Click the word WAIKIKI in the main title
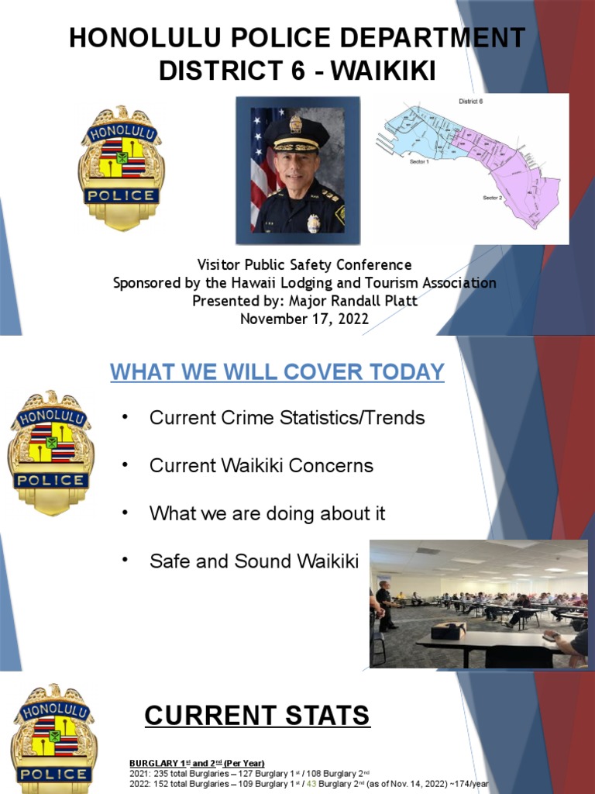(x=383, y=71)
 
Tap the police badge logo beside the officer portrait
(x=121, y=167)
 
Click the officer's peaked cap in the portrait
(x=296, y=133)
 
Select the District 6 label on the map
(x=471, y=102)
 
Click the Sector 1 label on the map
(x=418, y=161)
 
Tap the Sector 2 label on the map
(x=493, y=198)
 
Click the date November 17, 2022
(x=304, y=318)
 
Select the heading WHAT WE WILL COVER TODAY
(x=277, y=372)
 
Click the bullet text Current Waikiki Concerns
(x=261, y=466)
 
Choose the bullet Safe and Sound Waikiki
(x=254, y=561)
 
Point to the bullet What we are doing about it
(x=267, y=513)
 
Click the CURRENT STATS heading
(x=257, y=716)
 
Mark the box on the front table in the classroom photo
(x=448, y=630)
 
